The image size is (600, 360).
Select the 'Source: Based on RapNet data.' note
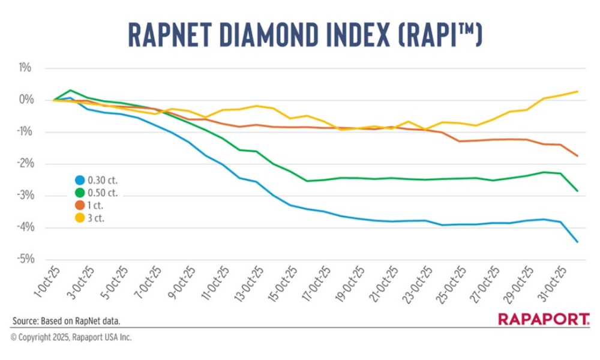click(70, 320)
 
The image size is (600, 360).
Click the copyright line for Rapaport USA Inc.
click(71, 338)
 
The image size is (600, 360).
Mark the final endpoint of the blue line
click(577, 242)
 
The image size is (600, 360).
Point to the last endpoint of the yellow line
click(577, 91)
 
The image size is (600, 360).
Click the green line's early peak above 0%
click(71, 90)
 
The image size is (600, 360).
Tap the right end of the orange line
click(577, 156)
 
